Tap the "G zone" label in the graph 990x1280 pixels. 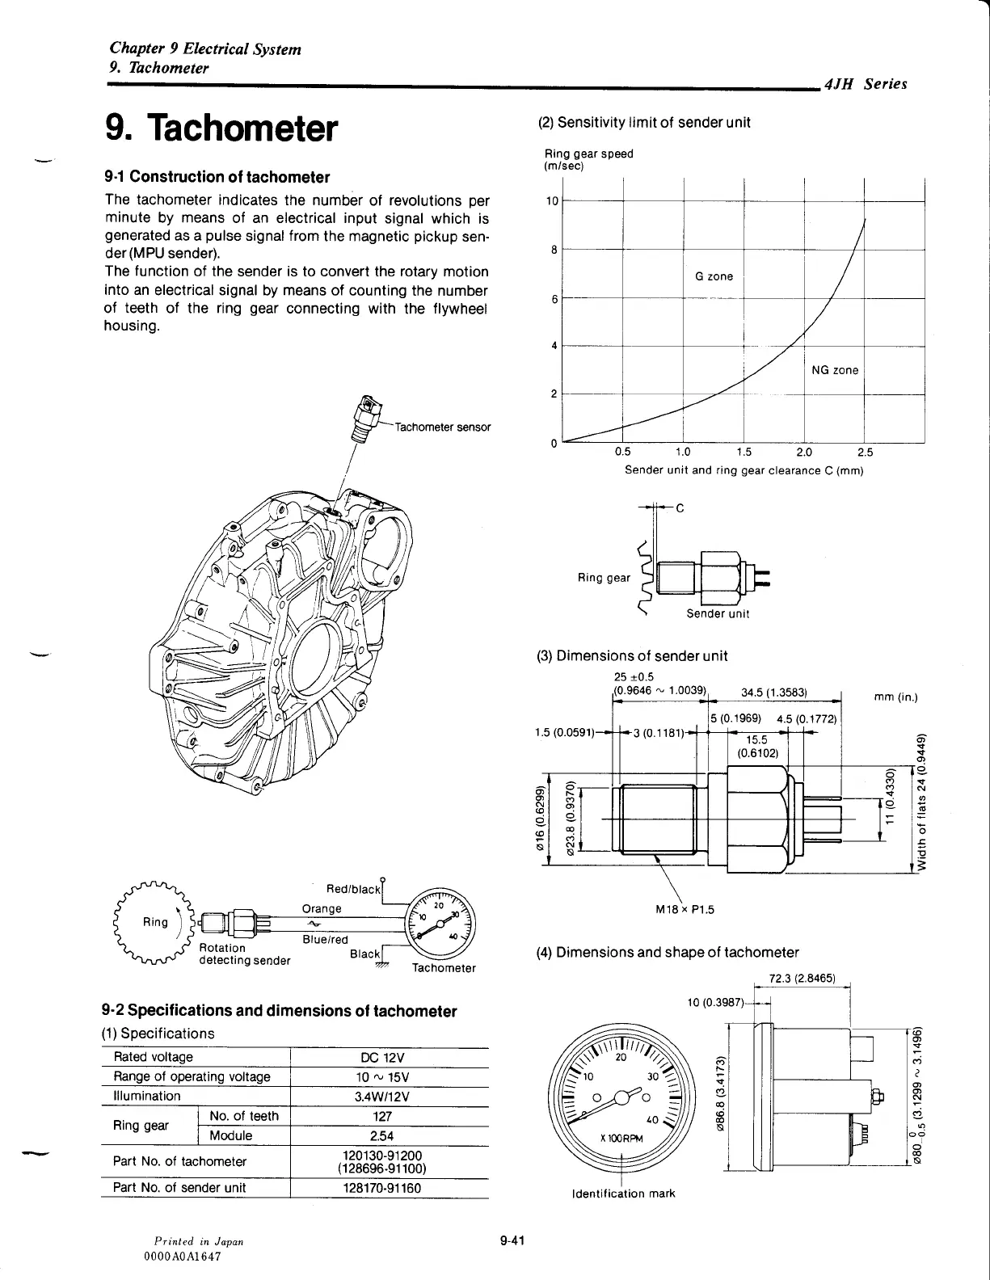714,276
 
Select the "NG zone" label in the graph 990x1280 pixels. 835,370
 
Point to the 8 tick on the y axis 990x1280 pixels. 554,250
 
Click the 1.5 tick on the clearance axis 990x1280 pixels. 744,453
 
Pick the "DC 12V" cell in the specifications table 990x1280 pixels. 382,1058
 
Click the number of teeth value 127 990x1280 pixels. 382,1116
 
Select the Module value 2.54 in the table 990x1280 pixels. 382,1135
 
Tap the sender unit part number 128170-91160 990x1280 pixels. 382,1188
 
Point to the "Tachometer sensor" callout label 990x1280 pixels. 444,427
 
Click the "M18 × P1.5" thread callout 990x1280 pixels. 685,908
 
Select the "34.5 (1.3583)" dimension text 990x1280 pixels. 775,692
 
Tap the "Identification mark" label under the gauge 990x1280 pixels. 623,1194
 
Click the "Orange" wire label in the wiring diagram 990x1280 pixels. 321,908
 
